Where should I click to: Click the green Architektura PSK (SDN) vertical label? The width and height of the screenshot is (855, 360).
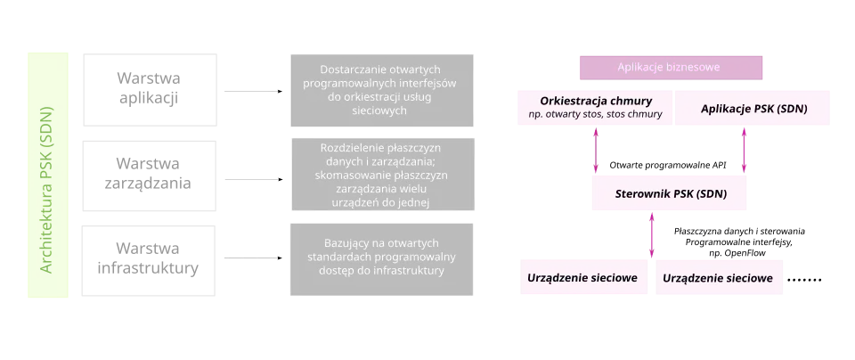point(46,174)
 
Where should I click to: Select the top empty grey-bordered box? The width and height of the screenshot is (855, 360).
point(150,88)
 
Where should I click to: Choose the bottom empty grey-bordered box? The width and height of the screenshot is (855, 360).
point(150,258)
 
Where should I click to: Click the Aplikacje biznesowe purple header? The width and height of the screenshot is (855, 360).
point(669,67)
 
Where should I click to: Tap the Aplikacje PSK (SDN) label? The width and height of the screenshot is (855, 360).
point(753,108)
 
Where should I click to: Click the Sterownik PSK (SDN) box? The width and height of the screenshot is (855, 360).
point(669,192)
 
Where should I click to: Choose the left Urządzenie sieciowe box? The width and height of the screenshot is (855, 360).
point(582,278)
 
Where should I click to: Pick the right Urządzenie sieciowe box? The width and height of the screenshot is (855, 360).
point(719,278)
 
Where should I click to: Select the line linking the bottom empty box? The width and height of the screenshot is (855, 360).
point(253,259)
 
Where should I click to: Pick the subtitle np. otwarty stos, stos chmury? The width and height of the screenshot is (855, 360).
point(596,115)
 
